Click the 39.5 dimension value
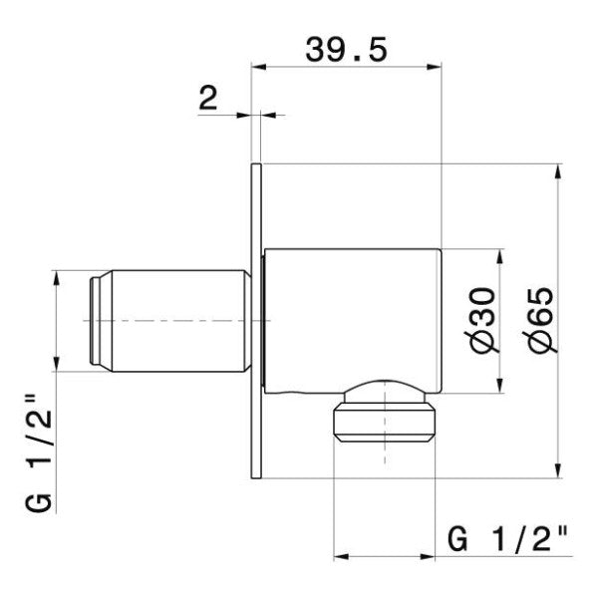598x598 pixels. [x=345, y=48]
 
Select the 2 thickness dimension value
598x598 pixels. [x=208, y=98]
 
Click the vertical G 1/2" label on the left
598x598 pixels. [x=38, y=453]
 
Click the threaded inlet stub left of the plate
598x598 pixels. [x=169, y=321]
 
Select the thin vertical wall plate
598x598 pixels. [x=255, y=324]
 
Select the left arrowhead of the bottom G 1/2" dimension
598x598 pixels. [x=339, y=555]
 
